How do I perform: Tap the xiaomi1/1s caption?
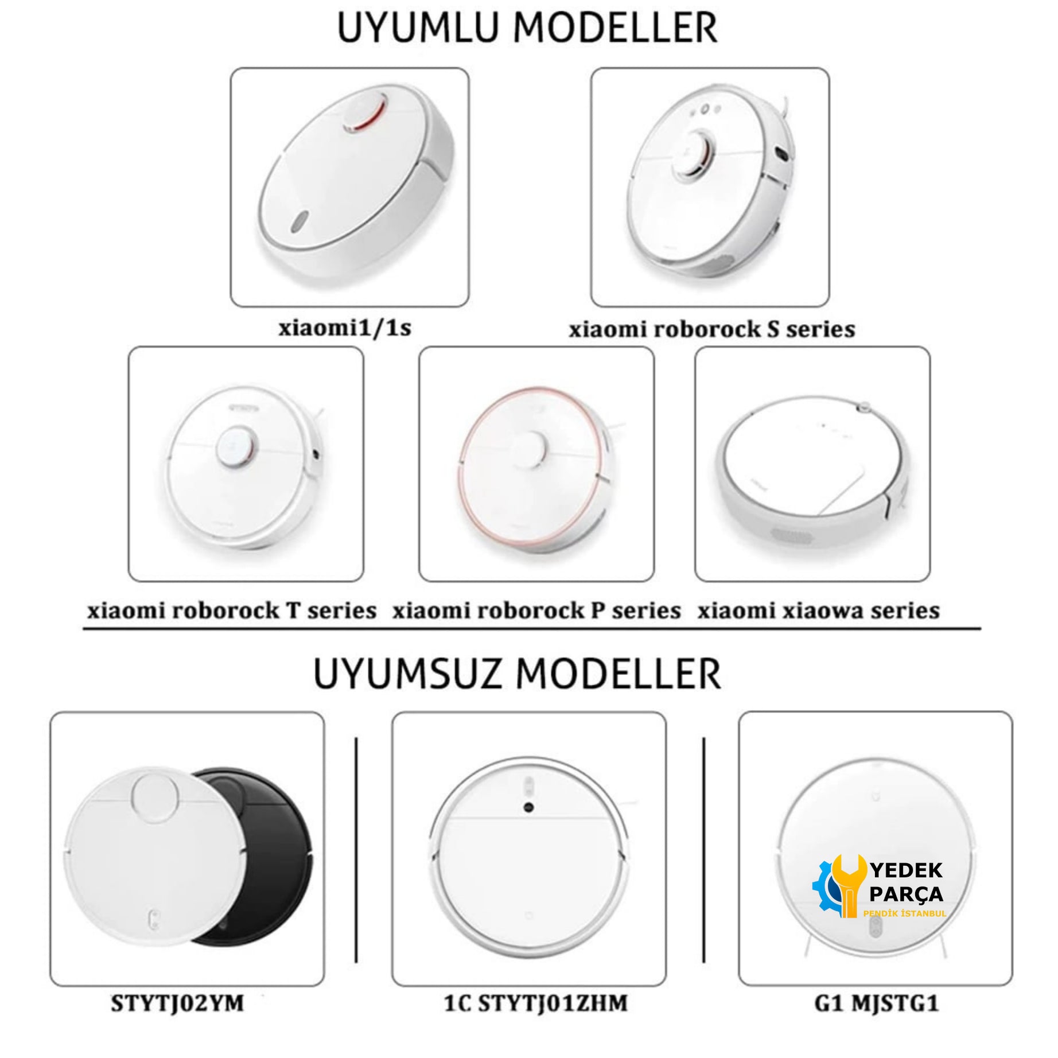coord(345,328)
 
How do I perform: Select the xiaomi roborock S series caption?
coord(711,329)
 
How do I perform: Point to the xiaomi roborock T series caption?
coord(232,610)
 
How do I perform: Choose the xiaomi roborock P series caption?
coord(536,610)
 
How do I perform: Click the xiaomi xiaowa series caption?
coord(818,610)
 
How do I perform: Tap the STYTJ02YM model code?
coord(177,1003)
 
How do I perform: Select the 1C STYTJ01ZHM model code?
coord(535,1003)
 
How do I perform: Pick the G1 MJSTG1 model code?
coord(876,1003)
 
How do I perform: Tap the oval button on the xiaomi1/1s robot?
coord(299,221)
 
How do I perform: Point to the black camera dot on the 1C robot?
coord(528,807)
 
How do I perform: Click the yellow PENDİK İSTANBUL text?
coord(905,913)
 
